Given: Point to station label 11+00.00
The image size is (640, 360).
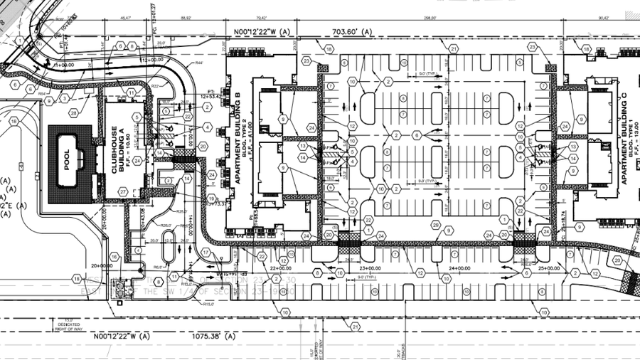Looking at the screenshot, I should point(65,63).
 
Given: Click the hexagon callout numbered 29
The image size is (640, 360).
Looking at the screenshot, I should point(435,225).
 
